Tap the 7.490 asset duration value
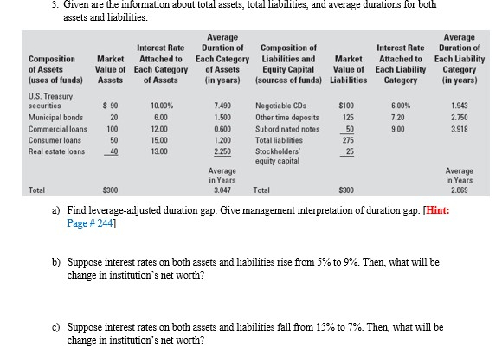[219, 105]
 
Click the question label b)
[57, 260]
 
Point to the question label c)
[57, 328]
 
